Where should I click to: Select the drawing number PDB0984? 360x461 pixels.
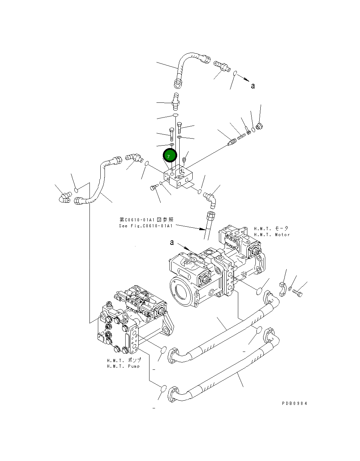point(294,403)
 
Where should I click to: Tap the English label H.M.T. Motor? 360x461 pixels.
point(272,235)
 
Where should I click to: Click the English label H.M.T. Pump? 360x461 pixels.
point(123,366)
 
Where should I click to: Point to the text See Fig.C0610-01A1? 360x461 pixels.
point(146,226)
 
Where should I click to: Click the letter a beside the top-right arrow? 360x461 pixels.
point(253,86)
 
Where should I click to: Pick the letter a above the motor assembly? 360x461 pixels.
point(172,242)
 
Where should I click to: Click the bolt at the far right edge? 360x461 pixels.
point(298,294)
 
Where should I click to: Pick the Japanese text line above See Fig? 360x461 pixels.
point(146,220)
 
